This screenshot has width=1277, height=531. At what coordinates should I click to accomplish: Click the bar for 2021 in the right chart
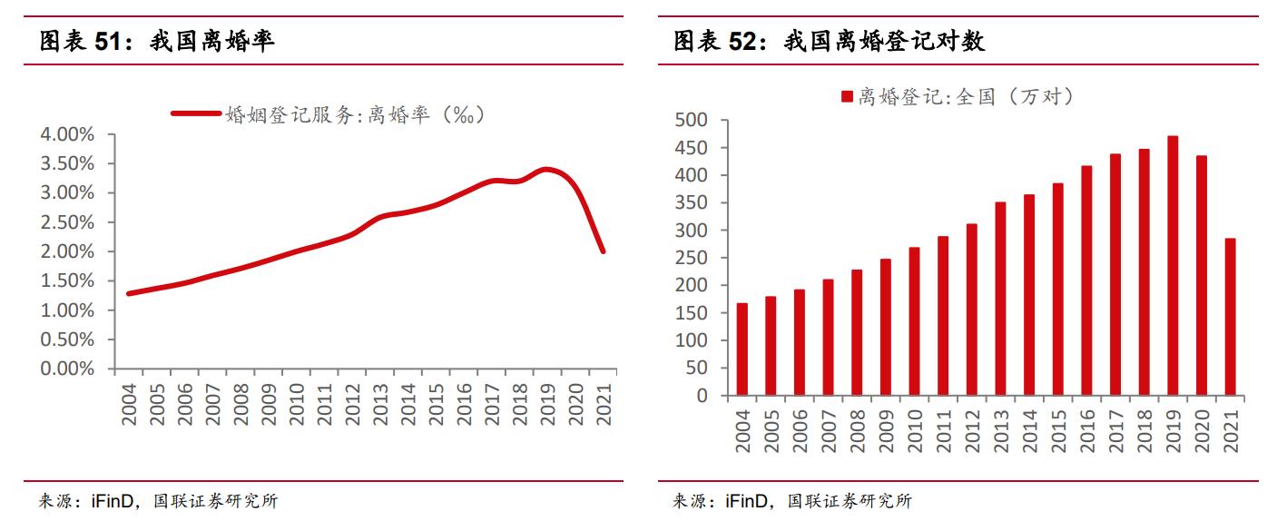[x=1231, y=317]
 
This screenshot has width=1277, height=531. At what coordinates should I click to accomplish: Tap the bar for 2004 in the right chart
[x=742, y=349]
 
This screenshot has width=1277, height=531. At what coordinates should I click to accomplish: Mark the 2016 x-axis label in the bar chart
[x=1086, y=430]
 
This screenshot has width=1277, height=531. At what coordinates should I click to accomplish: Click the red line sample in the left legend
[x=195, y=114]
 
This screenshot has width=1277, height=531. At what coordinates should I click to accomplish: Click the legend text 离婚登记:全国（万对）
[x=966, y=97]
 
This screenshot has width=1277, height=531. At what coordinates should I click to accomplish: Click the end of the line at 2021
[x=603, y=251]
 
